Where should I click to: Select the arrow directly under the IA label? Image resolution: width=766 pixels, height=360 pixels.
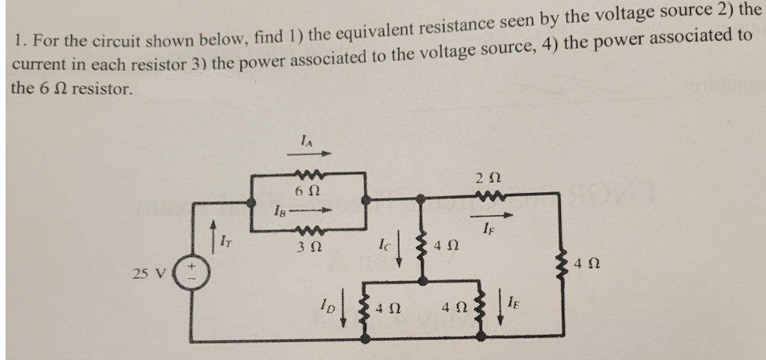pyautogui.click(x=314, y=154)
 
